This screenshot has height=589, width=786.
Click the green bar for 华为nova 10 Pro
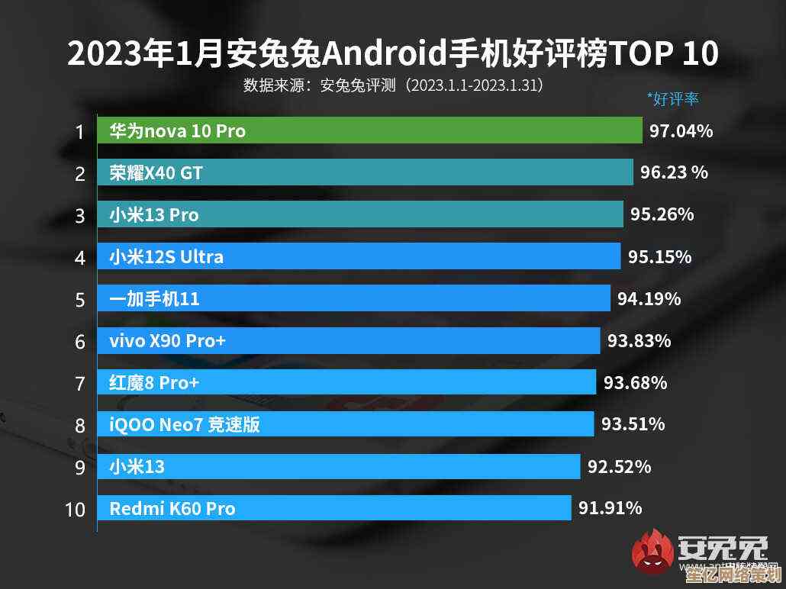[370, 130]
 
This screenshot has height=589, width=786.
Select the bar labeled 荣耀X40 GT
[365, 172]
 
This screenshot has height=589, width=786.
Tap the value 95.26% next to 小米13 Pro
[662, 214]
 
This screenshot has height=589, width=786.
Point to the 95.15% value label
[659, 256]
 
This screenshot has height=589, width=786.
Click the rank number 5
[80, 299]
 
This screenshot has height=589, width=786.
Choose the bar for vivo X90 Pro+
[349, 340]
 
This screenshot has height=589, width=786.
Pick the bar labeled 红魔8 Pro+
[346, 382]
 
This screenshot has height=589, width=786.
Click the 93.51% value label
[633, 423]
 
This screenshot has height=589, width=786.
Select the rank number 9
[80, 467]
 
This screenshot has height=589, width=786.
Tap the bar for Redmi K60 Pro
[334, 508]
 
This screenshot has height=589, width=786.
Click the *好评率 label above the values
[672, 98]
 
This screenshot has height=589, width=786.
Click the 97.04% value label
[681, 131]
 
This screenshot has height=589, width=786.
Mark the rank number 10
[75, 509]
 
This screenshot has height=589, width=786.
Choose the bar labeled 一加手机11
[354, 298]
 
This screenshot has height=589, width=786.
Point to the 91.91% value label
[610, 507]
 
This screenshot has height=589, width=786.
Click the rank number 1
[79, 132]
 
